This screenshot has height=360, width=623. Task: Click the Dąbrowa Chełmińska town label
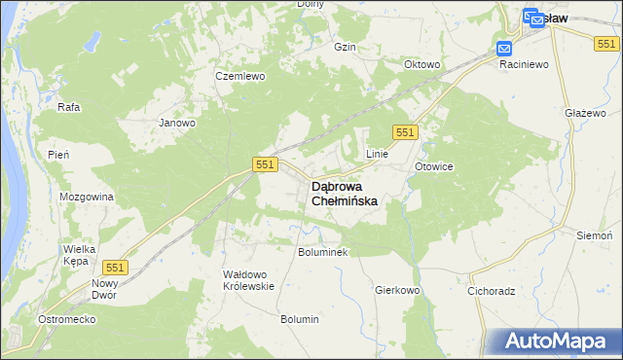pos(344,193)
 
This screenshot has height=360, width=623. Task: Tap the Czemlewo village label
pos(240,76)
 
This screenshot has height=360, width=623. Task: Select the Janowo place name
pos(178,124)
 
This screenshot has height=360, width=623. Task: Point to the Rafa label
pos(68,107)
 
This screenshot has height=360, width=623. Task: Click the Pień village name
pos(57,155)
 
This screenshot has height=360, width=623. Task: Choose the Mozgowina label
pos(87,197)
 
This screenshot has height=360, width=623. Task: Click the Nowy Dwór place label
pos(104,289)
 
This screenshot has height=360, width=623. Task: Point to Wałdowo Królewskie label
pos(249,280)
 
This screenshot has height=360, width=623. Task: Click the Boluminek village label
pos(322,251)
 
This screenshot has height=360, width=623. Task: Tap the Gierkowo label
pos(397,290)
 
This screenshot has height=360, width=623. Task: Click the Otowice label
pos(434,166)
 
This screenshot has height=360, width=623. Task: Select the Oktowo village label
pos(422,65)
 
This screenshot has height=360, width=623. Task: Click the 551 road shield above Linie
pos(406,132)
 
